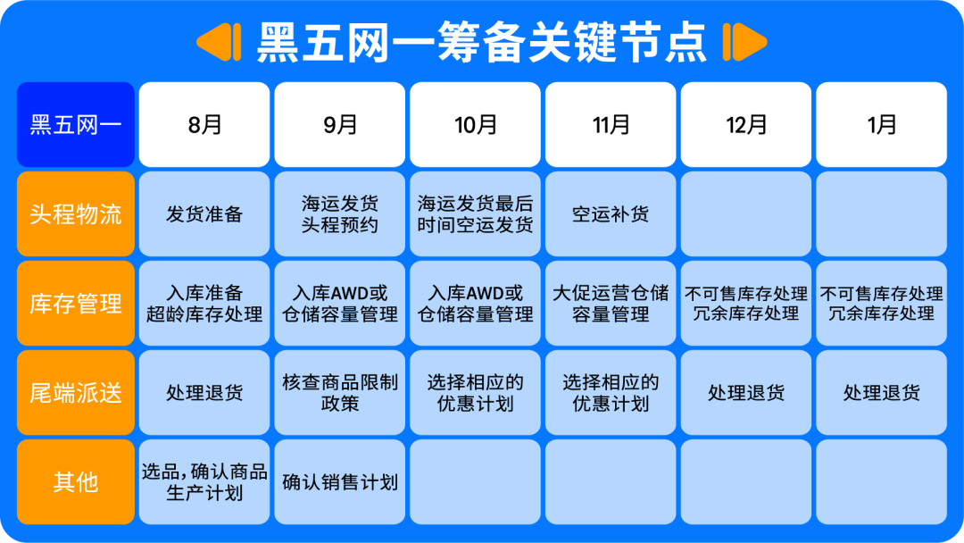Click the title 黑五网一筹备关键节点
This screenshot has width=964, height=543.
coord(482,41)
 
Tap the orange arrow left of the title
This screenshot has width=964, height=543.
coord(220,42)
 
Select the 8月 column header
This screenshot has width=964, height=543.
coord(204,125)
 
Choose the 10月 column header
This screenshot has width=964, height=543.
coord(476,125)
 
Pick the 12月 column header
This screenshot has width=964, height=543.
coord(746,125)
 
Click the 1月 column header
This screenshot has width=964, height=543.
coord(882,125)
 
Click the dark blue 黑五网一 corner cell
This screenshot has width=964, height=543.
coord(76,125)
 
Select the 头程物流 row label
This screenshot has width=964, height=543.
coord(76,214)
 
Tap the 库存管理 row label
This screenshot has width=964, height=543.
coord(76,304)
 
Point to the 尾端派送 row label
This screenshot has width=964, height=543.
coord(76,393)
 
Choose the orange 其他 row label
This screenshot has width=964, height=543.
coord(76,482)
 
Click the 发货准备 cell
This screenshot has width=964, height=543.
coord(204,214)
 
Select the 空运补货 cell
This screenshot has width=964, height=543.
coord(611,214)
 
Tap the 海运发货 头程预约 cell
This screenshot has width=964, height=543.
coord(340,214)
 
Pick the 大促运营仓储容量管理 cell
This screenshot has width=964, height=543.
coord(611,304)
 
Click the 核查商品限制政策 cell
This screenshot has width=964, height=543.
coord(340,393)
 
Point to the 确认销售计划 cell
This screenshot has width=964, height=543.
coord(340,482)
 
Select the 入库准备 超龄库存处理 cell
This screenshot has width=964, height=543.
coord(204,304)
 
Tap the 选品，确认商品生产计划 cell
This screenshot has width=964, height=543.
coord(204,482)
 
